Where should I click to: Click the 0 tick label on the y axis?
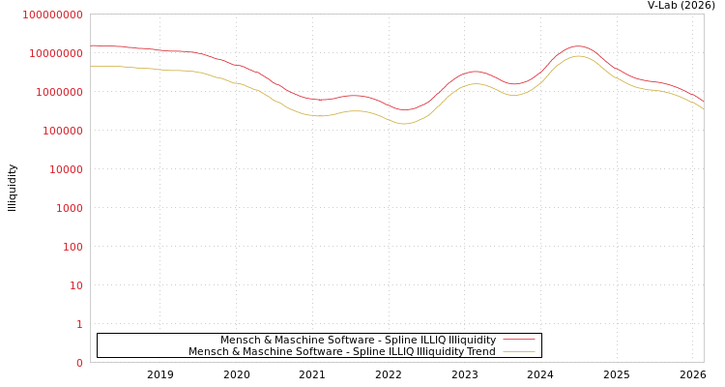(x=79, y=363)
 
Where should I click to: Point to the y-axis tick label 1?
(x=79, y=324)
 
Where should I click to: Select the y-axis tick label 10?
(x=75, y=285)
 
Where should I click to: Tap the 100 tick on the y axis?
(x=72, y=247)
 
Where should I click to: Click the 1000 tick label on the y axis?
(x=70, y=208)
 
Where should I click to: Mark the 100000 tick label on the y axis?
(x=63, y=131)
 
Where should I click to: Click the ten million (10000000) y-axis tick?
(x=56, y=53)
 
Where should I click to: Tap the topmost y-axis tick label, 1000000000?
(x=52, y=15)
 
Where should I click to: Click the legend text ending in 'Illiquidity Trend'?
(x=341, y=352)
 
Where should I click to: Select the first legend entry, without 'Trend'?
(x=358, y=341)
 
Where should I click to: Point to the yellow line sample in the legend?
(x=519, y=352)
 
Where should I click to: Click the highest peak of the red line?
(x=578, y=46)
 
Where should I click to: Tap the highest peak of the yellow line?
(x=578, y=56)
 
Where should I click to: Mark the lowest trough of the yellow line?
(x=404, y=124)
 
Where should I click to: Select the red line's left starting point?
(x=91, y=45)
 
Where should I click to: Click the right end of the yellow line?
(x=703, y=108)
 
